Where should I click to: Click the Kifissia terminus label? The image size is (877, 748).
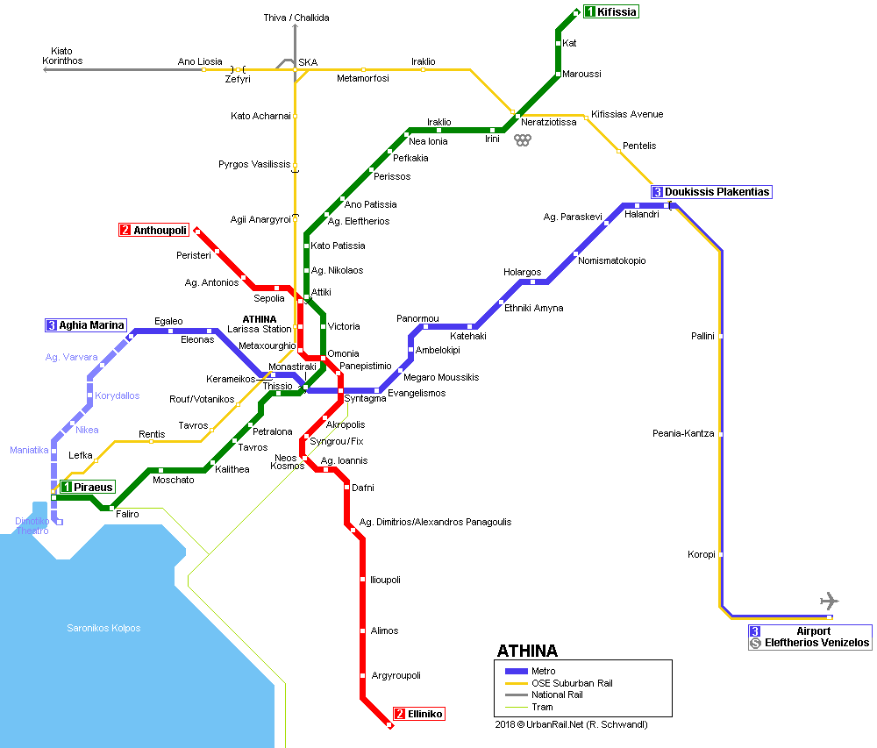coord(610,11)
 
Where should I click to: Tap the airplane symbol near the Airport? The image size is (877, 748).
coord(830,601)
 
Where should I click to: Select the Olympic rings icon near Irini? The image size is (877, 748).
coord(523,139)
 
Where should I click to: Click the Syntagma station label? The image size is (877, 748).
coord(365,399)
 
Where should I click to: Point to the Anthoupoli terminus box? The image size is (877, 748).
coord(153,230)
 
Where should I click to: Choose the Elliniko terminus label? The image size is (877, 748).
coord(419,714)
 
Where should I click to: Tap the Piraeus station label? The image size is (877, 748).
coord(87,487)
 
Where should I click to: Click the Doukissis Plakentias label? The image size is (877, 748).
coord(711,192)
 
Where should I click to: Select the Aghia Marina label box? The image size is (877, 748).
coord(86,325)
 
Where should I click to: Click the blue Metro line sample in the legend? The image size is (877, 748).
coord(517,672)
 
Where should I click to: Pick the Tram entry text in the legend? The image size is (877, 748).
coord(542,707)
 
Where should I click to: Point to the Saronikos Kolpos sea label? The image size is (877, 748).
coord(103,628)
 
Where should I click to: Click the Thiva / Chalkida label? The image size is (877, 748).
coord(296,18)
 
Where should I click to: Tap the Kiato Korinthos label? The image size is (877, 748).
coord(62,56)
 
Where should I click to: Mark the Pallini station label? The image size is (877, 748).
coord(702,336)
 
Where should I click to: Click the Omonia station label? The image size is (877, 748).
coord(344,353)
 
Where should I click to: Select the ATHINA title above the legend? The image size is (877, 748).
coord(527,651)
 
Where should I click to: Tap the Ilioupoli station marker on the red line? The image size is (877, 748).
coord(362,580)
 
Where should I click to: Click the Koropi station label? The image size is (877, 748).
coord(702,554)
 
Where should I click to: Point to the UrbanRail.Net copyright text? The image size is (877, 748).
coord(571,724)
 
